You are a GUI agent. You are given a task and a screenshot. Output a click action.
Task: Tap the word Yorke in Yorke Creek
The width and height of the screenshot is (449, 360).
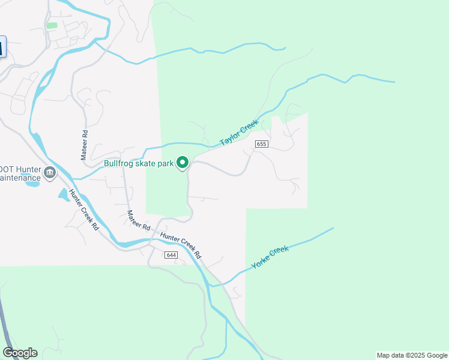pyautogui.click(x=262, y=260)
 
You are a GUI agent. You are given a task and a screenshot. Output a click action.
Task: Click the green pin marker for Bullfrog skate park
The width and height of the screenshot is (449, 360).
pyautogui.click(x=182, y=163)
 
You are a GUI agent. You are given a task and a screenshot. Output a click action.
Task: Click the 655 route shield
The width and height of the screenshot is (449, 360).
pyautogui.click(x=261, y=144)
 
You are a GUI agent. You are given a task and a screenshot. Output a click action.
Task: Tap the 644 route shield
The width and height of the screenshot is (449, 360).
pyautogui.click(x=172, y=255)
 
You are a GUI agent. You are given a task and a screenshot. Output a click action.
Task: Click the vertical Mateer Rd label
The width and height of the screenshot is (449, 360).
pyautogui.click(x=85, y=144)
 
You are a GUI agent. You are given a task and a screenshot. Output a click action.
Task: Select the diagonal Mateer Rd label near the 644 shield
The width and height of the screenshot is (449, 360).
pyautogui.click(x=138, y=221)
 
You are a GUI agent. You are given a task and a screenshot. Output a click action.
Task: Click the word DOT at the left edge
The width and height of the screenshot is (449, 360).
pyautogui.click(x=6, y=169)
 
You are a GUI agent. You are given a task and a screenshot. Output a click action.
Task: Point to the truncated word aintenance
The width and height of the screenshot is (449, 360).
pyautogui.click(x=20, y=178)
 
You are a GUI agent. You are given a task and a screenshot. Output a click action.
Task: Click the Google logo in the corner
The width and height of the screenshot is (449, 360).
pyautogui.click(x=20, y=353)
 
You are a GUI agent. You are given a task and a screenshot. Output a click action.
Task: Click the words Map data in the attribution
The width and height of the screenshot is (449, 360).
pyautogui.click(x=390, y=355)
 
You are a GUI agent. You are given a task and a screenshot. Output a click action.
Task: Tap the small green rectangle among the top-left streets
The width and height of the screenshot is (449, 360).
pyautogui.click(x=52, y=26)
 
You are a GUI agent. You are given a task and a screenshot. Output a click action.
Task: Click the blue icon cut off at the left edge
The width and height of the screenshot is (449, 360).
pyautogui.click(x=2, y=47)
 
